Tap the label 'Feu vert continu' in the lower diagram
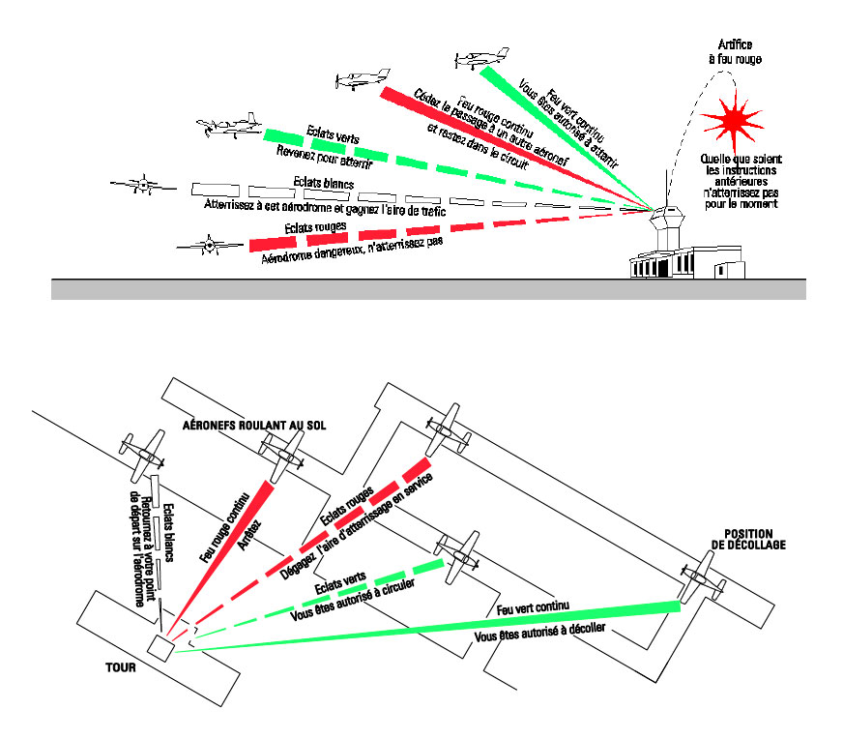(x=532, y=607)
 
